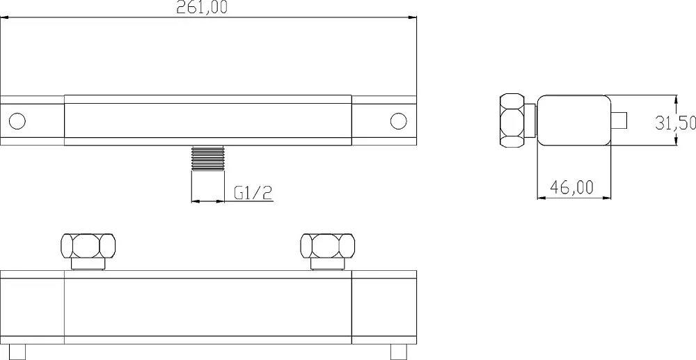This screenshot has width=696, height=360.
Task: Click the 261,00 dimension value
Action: [202, 8]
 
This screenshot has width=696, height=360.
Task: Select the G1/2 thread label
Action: [253, 193]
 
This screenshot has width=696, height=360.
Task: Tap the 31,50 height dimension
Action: [675, 122]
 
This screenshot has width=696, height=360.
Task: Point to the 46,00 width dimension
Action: [571, 187]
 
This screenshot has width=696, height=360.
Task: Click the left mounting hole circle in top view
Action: [17, 120]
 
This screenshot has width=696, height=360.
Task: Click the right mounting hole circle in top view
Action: [399, 120]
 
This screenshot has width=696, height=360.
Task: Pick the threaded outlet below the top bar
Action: [207, 158]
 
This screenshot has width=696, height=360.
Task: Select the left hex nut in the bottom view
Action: [88, 246]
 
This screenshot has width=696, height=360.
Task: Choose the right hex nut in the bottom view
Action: [328, 246]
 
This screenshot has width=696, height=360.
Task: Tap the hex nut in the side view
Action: [513, 120]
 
